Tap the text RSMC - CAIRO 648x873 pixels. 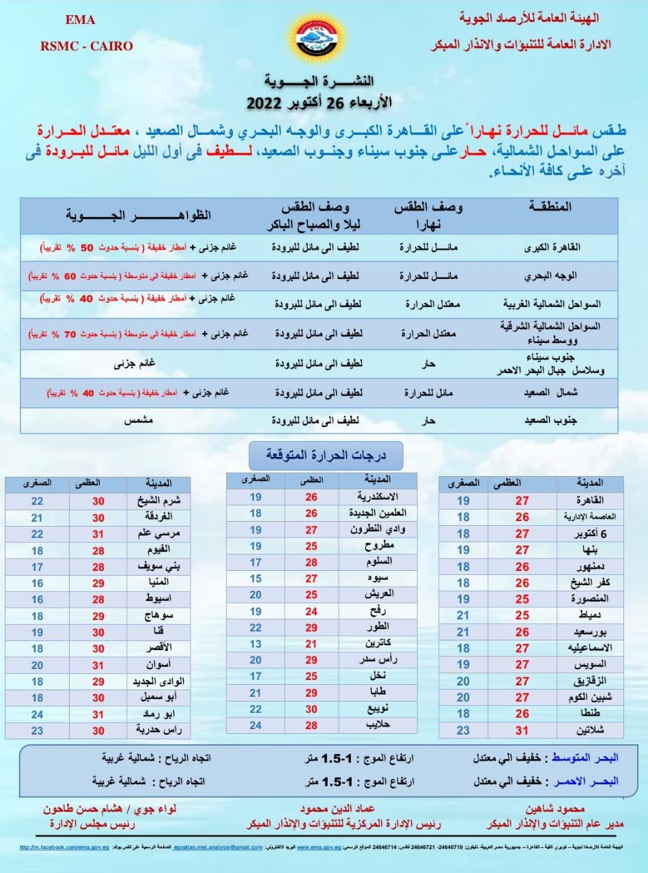point(86,46)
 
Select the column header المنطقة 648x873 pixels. point(550,207)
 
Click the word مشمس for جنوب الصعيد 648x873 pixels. point(137,421)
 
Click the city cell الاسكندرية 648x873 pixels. point(378,497)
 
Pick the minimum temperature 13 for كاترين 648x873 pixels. point(255,645)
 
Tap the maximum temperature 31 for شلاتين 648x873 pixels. point(522,730)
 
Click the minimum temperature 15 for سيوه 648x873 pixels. point(255,578)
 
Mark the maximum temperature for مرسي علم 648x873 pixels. point(98,533)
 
